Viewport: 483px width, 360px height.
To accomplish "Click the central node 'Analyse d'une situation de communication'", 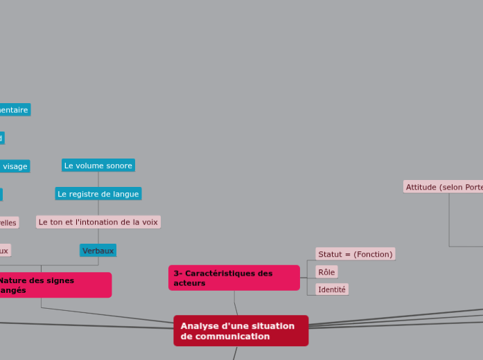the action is [x=240, y=331].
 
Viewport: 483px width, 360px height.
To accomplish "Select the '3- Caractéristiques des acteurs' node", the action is [x=234, y=278].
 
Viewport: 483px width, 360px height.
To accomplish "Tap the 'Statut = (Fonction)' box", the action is [x=355, y=254].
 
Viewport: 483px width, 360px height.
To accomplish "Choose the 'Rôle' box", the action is [x=326, y=272].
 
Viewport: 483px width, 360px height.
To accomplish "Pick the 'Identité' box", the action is [x=331, y=289].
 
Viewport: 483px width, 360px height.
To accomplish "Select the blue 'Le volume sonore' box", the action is [x=98, y=165].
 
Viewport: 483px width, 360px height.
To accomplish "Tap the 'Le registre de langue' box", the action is [x=98, y=194].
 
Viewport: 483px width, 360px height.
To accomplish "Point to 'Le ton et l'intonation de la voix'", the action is [x=98, y=222].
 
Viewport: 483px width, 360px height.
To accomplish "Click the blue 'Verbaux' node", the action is [x=98, y=251].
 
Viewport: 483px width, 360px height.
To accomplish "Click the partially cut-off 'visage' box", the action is [x=14, y=166].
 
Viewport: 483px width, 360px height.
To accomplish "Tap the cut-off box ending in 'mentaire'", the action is [x=14, y=110].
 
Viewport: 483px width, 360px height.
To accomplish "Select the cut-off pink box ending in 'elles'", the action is [x=8, y=223].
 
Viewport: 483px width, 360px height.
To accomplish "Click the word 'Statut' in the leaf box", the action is [x=330, y=254].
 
